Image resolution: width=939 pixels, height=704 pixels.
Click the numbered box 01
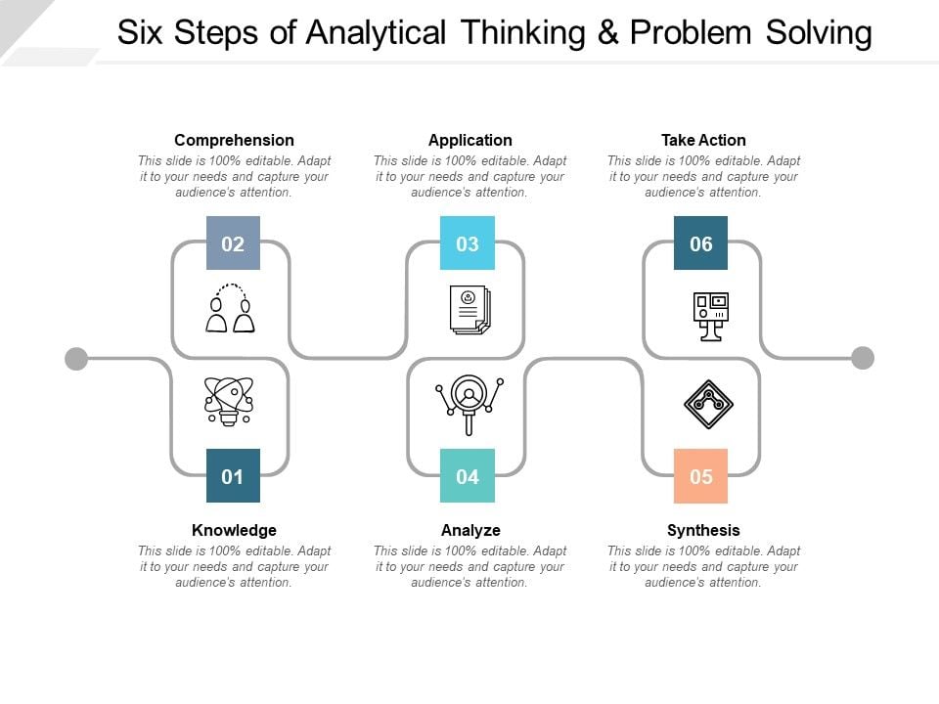pos(233,475)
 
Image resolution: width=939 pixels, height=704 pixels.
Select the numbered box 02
pos(233,243)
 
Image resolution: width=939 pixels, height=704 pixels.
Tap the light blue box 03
pos(468,243)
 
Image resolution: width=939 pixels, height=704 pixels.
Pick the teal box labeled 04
pos(468,475)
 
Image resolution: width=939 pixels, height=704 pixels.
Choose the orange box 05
pos(700,475)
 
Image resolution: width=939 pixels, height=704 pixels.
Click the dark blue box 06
pos(700,243)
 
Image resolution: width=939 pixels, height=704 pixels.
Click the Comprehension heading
pos(234,140)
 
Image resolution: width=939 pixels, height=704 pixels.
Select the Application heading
pos(470,140)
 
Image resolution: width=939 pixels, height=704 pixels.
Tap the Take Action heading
pos(703,140)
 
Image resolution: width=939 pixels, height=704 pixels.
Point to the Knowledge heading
pos(234,530)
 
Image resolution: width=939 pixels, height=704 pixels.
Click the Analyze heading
pos(470,530)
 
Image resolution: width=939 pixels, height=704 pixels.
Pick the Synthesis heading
pos(703,530)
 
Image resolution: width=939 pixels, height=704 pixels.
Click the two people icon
pos(231,308)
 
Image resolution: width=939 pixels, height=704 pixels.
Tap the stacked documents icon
pos(470,310)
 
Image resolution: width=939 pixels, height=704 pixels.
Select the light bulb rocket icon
pos(229,401)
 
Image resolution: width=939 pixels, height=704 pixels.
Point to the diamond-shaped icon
pos(708,404)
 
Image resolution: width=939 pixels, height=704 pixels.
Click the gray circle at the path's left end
pos(76,359)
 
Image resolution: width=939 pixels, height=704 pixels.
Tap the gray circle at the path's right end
pos(863,358)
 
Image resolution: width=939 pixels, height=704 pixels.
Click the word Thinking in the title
pos(522,32)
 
